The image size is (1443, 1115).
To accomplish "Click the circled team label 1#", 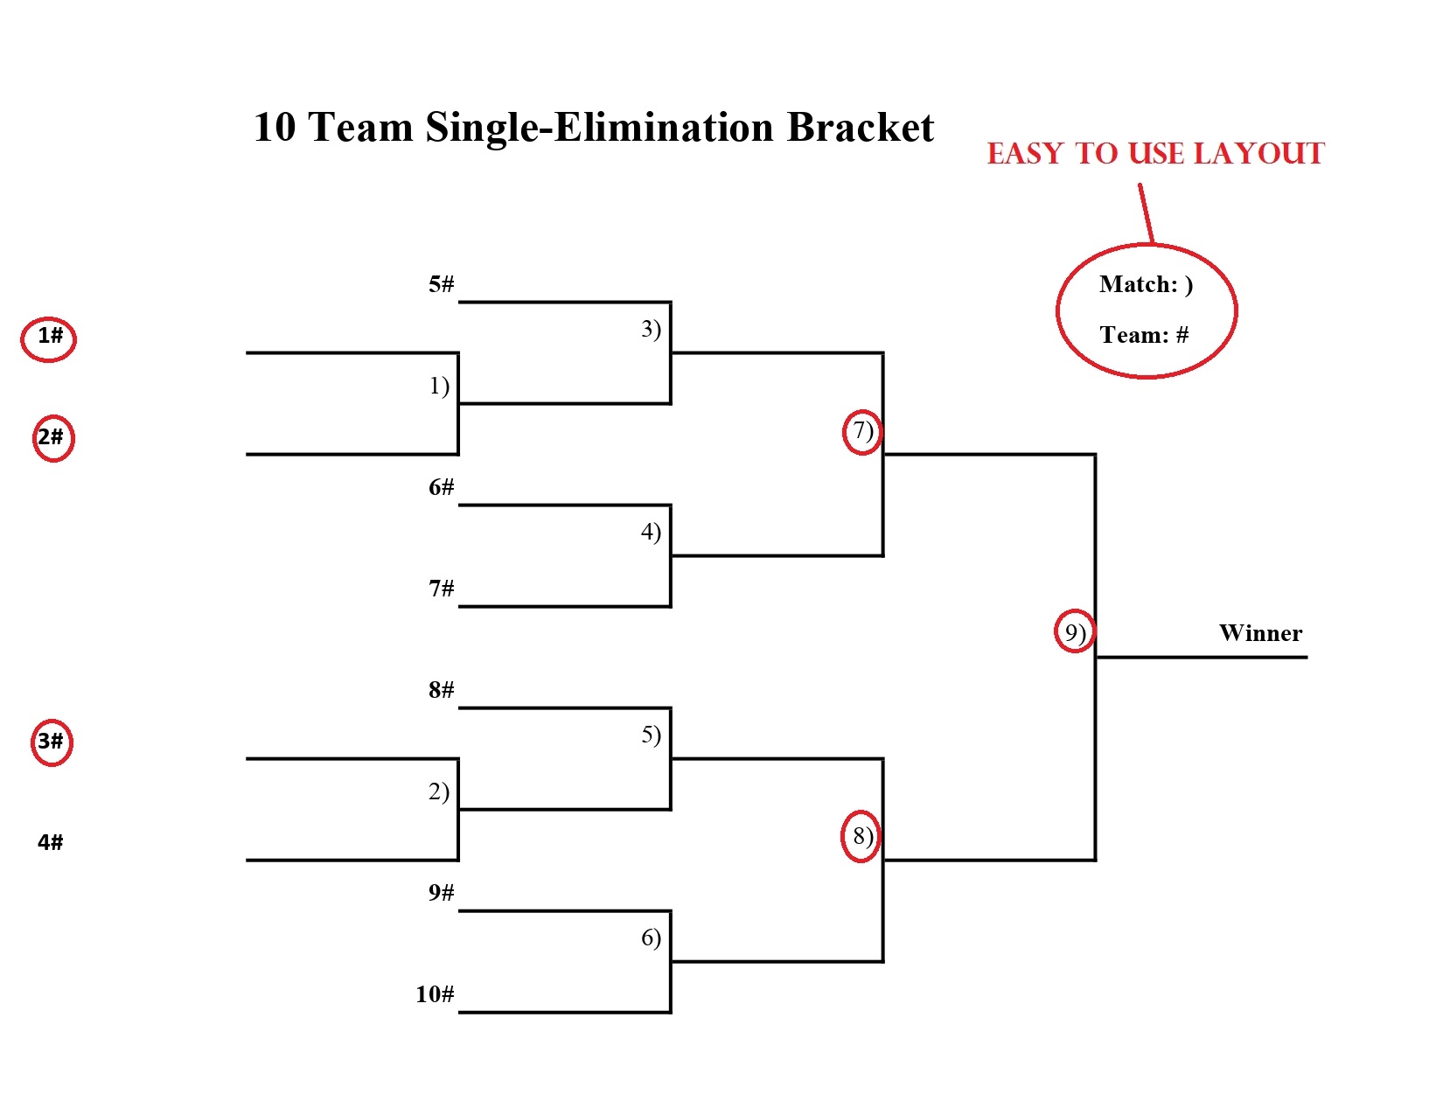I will tap(50, 337).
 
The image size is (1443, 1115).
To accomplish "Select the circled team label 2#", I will tap(52, 437).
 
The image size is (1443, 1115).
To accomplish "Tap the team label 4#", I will tap(50, 842).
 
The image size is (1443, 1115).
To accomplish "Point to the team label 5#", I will tap(441, 284).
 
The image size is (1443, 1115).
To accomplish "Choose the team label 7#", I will tap(441, 589).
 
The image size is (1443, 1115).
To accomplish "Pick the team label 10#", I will tap(435, 994).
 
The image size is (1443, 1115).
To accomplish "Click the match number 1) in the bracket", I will tap(439, 386).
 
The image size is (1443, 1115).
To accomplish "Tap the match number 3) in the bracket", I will tap(651, 329).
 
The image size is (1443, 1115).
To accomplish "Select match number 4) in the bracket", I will tap(651, 532).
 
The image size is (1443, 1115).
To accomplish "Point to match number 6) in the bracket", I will tap(651, 937).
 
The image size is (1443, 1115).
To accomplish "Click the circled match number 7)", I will tap(862, 431).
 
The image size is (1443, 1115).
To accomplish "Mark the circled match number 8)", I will tap(862, 836).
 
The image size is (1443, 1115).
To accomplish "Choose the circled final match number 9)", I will tap(1075, 632).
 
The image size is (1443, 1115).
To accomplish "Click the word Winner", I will tap(1260, 633).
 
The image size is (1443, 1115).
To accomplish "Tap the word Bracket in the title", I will tap(861, 128).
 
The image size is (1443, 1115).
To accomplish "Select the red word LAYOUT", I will tap(1259, 154).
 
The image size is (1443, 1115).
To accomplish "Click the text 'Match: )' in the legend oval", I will tap(1146, 284).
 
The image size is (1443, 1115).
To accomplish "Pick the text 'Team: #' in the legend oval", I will tap(1144, 335).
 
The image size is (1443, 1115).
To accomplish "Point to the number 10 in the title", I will tap(275, 128).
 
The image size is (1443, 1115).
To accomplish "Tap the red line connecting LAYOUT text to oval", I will tap(1147, 213).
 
